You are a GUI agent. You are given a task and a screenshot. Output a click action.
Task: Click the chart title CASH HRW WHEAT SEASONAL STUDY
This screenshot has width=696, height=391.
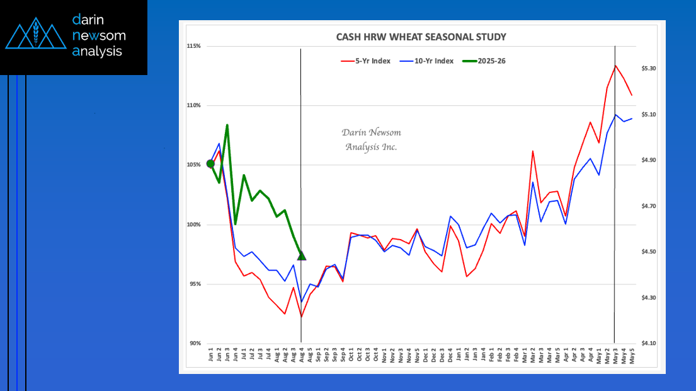coord(421,37)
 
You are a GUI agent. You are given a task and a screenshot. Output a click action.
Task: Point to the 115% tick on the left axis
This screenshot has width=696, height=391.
coord(193,46)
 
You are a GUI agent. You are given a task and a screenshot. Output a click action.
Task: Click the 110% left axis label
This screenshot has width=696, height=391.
coord(193,105)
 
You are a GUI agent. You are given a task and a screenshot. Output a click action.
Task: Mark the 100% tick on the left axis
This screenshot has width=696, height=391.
coord(193,225)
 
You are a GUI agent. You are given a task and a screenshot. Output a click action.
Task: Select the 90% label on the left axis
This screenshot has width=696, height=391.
coord(195,343)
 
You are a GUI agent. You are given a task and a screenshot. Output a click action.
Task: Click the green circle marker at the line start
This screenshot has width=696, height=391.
coord(210,164)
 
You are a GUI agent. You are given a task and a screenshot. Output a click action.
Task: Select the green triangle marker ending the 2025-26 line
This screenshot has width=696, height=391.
coord(302,255)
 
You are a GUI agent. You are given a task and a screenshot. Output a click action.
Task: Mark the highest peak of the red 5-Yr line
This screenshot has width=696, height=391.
coord(615,65)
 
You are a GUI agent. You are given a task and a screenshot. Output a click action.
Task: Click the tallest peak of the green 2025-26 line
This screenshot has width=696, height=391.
coord(227,125)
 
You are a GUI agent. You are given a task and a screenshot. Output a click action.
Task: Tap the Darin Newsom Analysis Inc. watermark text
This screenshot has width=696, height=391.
coord(371,139)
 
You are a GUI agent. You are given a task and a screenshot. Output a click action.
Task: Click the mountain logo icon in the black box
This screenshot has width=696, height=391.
coord(36,36)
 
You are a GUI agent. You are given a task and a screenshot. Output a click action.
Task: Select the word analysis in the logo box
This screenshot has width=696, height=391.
coord(98,52)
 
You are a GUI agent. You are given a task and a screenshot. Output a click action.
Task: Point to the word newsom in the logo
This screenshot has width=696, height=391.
coord(100,35)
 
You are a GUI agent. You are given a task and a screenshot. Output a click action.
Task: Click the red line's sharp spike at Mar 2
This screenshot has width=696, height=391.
coord(533,151)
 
